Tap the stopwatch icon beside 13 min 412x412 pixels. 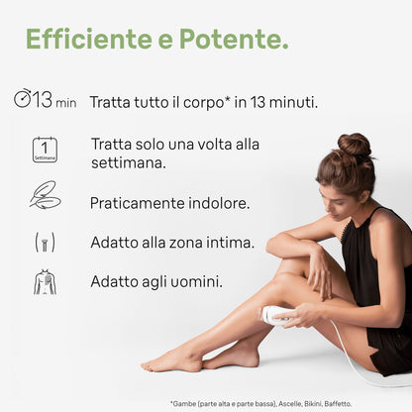point(23,99)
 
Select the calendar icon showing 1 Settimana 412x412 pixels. point(45,150)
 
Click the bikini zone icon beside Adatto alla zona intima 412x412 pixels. point(45,242)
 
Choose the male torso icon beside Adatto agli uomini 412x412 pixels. point(45,282)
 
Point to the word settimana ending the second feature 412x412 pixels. point(129,163)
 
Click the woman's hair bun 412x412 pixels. point(354,146)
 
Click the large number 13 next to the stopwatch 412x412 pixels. point(43,99)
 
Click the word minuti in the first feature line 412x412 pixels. point(293,102)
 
